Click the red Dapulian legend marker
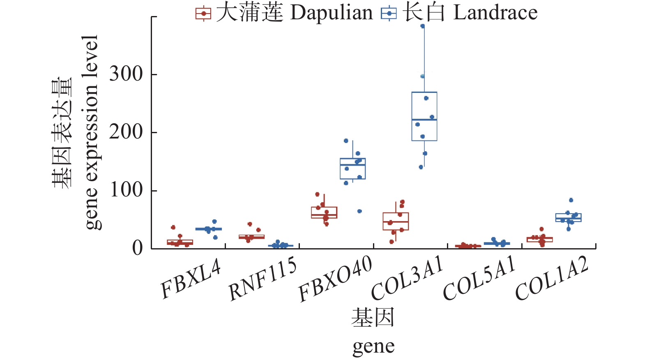coord(203,14)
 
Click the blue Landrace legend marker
coord(389,14)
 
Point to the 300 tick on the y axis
coord(126,74)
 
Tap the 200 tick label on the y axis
coord(126,132)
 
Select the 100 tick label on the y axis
coord(126,190)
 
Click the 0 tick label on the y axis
coord(137,248)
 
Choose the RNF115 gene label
coord(262,279)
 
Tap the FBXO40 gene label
coord(335,279)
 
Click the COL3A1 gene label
coord(407,278)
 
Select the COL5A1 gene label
coord(479,278)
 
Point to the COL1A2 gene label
coord(551,279)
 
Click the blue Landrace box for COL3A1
coord(424,116)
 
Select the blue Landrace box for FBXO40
coord(352,168)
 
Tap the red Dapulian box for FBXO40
coord(324,212)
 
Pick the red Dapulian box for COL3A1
coord(396,222)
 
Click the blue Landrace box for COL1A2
coord(568,218)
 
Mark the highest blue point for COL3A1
coord(422,26)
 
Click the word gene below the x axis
coord(373,346)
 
